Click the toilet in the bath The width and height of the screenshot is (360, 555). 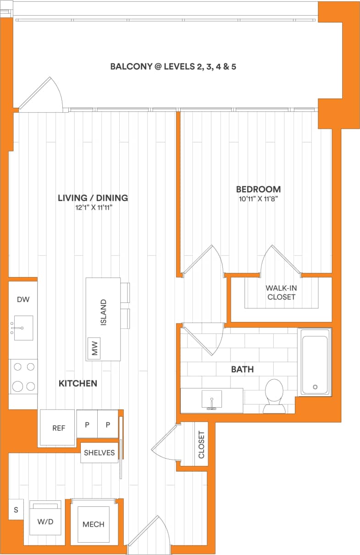tap(274, 395)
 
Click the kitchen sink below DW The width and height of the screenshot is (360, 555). tap(23, 327)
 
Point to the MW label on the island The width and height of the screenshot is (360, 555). tap(95, 350)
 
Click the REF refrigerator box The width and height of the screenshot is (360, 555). tap(58, 428)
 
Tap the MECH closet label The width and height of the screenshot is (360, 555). tap(93, 524)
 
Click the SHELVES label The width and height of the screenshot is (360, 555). tap(99, 453)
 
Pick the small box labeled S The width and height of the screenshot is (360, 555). tap(16, 510)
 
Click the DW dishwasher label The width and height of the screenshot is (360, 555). tap(23, 300)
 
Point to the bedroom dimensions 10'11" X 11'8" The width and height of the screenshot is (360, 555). tap(258, 199)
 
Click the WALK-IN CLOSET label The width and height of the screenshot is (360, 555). tap(281, 293)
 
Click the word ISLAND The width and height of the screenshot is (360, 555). tap(103, 312)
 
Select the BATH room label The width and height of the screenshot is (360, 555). tap(242, 369)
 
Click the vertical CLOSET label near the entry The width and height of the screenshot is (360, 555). tap(201, 444)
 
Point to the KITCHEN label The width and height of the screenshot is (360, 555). tap(78, 383)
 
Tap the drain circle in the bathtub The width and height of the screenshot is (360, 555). tap(315, 387)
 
